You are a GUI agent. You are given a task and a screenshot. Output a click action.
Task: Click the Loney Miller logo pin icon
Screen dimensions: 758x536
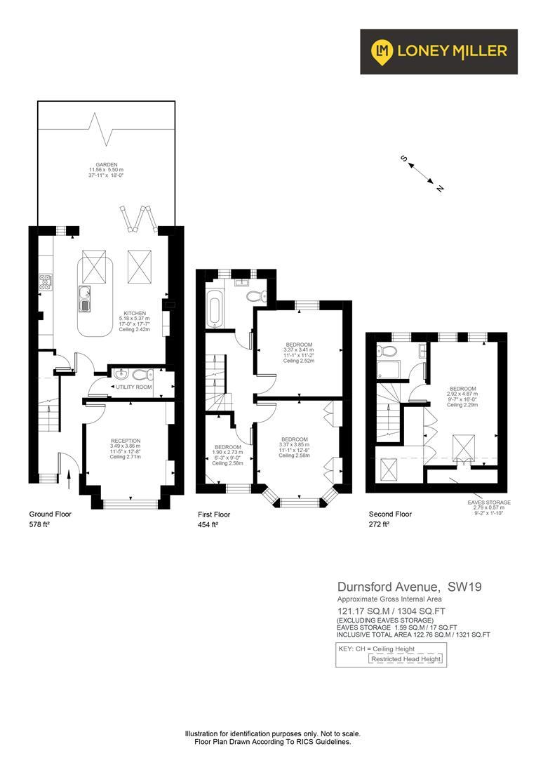382,51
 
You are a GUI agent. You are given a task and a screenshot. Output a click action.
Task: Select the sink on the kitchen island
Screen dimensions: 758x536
85,298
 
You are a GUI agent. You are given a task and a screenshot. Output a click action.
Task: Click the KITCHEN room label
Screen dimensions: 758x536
135,314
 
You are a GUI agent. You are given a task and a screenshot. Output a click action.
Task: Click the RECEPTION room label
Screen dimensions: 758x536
125,441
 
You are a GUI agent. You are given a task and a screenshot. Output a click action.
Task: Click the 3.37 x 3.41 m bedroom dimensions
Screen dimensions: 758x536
298,350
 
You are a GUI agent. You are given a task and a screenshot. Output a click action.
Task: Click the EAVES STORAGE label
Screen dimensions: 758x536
490,503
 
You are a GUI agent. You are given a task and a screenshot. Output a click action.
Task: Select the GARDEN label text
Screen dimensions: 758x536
105,165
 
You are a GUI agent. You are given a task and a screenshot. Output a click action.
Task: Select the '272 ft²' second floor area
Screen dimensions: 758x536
379,524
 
